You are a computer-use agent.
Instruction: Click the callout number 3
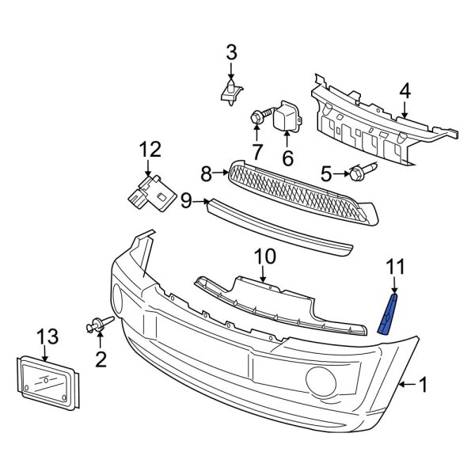tap(231, 53)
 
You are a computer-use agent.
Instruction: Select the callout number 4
tap(405, 91)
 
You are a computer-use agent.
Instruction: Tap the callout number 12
tap(150, 148)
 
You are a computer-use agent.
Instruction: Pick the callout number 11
tap(394, 267)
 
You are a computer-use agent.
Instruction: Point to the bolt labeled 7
tap(258, 118)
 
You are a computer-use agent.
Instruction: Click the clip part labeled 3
tap(230, 93)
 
